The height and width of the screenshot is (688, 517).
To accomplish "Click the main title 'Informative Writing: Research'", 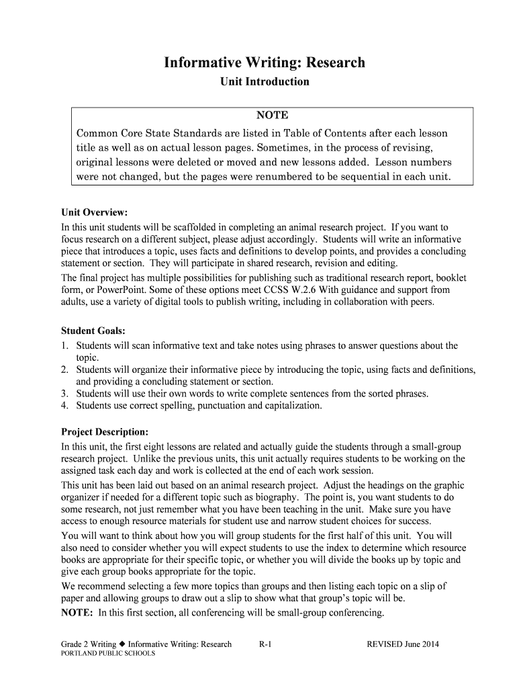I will (x=265, y=62).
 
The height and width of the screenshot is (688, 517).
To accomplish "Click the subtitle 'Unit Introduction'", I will (x=265, y=82).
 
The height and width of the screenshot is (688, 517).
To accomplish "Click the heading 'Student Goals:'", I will (x=93, y=331).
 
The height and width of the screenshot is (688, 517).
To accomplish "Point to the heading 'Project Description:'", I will (x=105, y=431).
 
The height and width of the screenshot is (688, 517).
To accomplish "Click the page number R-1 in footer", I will (x=265, y=644).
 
